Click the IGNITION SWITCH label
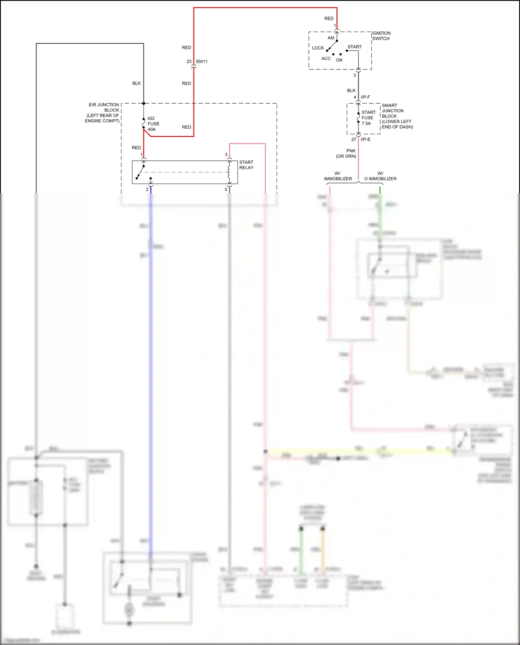pos(381,36)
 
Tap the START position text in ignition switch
pos(354,47)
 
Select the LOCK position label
pos(318,48)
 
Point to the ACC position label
pos(326,59)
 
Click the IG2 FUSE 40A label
pos(153,124)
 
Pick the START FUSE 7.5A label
pos(368,118)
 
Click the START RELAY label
pos(246,165)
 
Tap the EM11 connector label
pos(202,61)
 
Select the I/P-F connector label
pos(365,97)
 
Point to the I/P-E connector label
pos(365,139)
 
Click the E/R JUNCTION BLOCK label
pos(103,113)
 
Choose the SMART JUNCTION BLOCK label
pos(397,116)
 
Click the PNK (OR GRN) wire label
pos(346,154)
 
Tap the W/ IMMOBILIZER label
pos(338,176)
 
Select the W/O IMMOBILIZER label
pos(380,176)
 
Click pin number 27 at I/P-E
pos(353,139)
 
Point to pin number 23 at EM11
pos(189,61)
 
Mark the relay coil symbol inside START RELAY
pos(229,172)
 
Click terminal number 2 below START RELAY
pos(147,190)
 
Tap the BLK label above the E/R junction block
pos(137,83)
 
